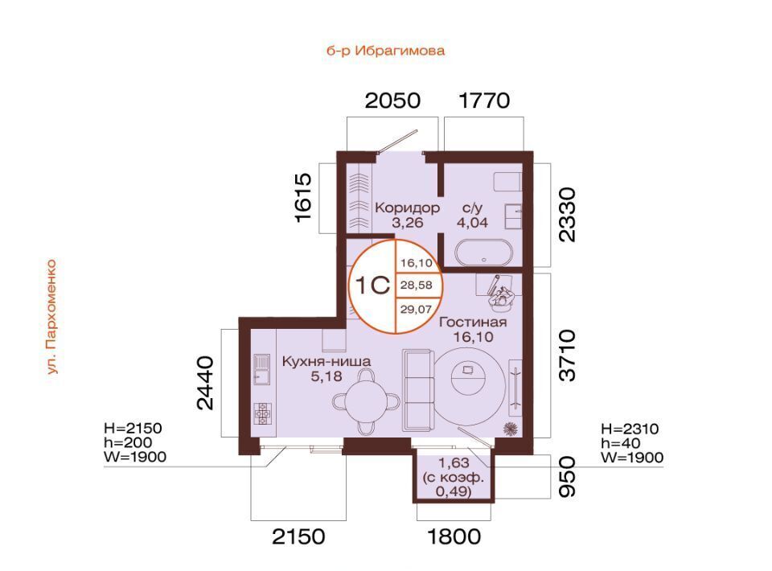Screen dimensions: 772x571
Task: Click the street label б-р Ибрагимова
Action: click(385, 51)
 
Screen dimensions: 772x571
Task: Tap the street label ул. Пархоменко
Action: click(51, 317)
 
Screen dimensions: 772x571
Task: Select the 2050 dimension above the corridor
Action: click(392, 101)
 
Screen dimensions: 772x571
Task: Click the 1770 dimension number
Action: click(484, 101)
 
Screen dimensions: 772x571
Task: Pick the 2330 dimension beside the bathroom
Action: click(567, 214)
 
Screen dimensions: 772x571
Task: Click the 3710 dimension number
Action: click(567, 355)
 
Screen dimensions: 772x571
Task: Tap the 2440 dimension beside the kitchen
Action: click(205, 383)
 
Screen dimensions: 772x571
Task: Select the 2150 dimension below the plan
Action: click(298, 536)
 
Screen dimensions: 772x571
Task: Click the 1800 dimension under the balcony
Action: click(454, 536)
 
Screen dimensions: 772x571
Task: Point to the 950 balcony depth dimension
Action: click(567, 476)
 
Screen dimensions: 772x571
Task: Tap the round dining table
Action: click(365, 401)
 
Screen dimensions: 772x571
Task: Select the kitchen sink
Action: click(261, 369)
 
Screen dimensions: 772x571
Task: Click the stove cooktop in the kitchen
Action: click(262, 413)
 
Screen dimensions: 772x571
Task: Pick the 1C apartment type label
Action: click(372, 285)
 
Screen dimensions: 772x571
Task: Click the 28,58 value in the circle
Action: click(417, 285)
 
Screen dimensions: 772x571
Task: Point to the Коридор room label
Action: click(407, 207)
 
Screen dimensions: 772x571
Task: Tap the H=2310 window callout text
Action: click(630, 429)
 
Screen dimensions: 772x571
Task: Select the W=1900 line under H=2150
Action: click(135, 457)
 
